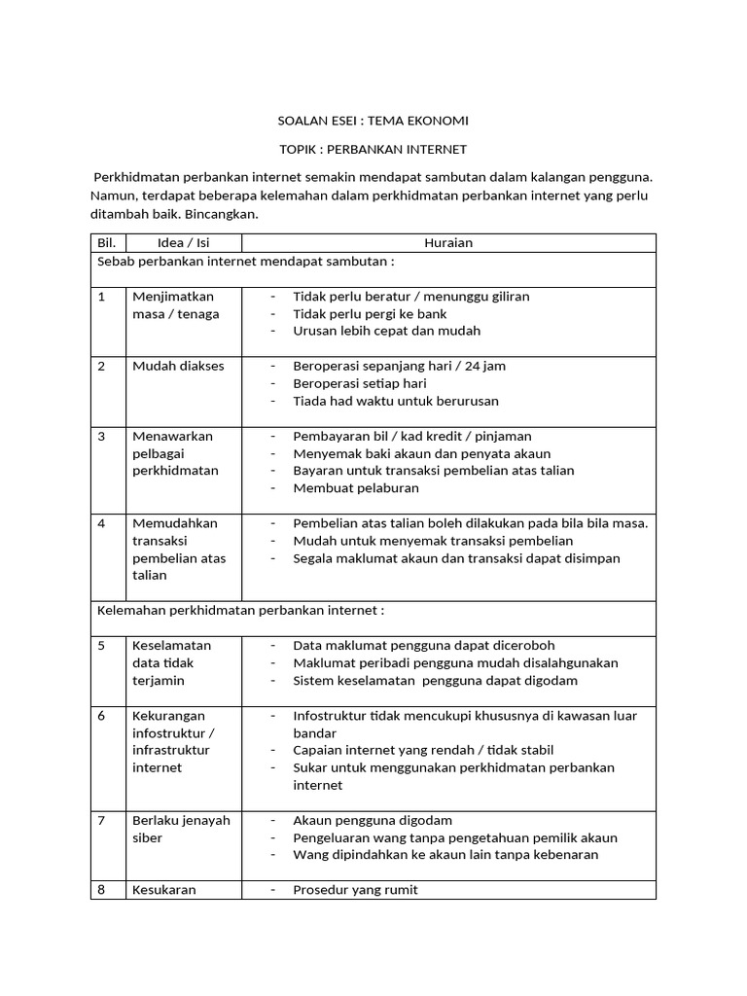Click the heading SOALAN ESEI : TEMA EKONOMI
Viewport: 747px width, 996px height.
(x=373, y=121)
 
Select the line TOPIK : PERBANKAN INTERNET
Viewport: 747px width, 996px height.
(x=373, y=149)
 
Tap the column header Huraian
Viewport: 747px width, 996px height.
(x=448, y=243)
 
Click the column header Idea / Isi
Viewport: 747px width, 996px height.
(x=183, y=243)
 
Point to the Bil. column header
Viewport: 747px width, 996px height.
(x=107, y=243)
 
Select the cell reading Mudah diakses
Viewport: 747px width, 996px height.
(x=178, y=366)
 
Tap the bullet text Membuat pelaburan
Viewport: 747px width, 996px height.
(x=356, y=488)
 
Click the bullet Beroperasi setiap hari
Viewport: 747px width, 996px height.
(x=360, y=383)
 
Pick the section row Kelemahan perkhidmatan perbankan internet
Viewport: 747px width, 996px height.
(x=241, y=610)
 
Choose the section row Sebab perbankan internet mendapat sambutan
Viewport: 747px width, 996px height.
(x=245, y=261)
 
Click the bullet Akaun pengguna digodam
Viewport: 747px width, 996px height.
(x=373, y=820)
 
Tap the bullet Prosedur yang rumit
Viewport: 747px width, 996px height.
(x=355, y=890)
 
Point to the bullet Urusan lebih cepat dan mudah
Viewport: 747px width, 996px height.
(x=387, y=331)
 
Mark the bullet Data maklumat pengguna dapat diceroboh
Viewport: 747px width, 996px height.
(x=424, y=645)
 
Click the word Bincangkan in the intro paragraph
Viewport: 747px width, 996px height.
(x=221, y=213)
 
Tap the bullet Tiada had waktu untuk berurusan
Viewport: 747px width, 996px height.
(x=396, y=401)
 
